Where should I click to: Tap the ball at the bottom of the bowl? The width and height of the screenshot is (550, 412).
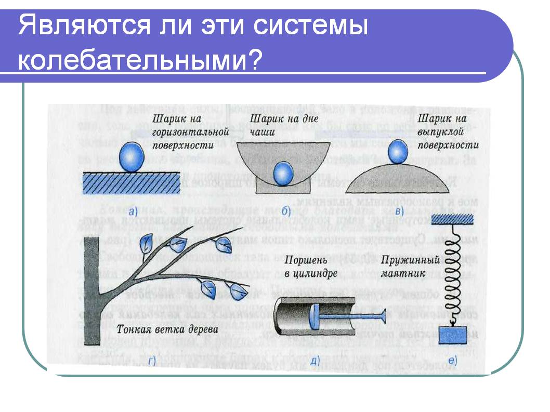(284, 172)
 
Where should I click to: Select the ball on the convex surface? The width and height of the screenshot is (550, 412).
(398, 152)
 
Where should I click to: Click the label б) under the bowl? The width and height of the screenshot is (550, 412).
(286, 210)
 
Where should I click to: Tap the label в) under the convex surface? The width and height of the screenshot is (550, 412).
(399, 210)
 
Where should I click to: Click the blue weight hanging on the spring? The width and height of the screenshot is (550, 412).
(453, 336)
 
